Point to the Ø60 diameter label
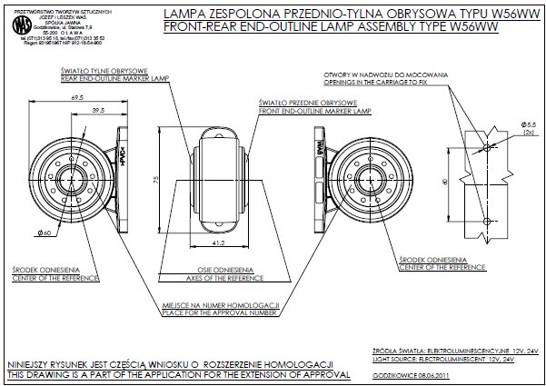[44, 234]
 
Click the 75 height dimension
[157, 179]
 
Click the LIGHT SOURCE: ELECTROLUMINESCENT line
[442, 358]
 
